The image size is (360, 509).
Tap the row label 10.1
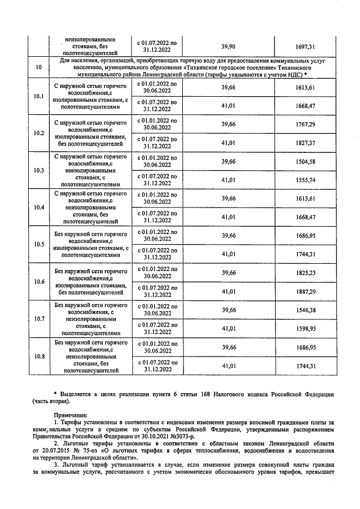pos(39,96)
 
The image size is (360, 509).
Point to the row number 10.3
pos(39,170)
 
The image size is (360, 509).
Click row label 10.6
pos(39,281)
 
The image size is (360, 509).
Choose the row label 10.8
pos(39,356)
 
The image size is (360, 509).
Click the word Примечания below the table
pos(70,413)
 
